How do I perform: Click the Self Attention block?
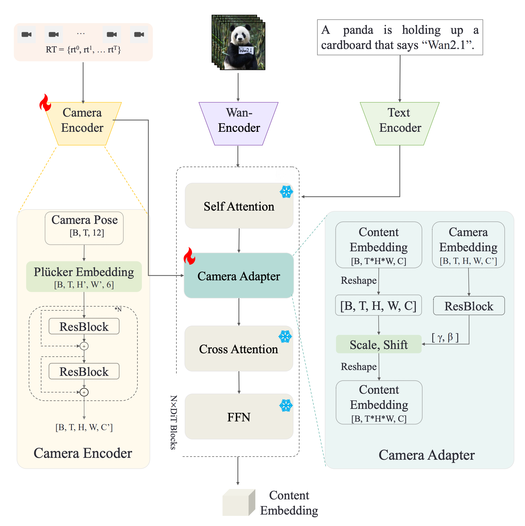tap(239, 206)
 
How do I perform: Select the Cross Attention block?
tap(239, 348)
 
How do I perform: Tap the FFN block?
tap(239, 416)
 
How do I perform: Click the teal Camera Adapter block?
tap(239, 276)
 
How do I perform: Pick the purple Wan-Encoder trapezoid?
tap(239, 124)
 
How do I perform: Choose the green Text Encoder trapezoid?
tap(399, 124)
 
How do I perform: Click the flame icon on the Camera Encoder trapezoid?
tap(45, 103)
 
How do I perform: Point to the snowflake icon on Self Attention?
tap(286, 192)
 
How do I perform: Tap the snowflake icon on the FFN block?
tap(286, 405)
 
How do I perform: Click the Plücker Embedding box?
tap(84, 277)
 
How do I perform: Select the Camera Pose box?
tap(84, 228)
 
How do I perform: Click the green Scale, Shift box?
tap(379, 344)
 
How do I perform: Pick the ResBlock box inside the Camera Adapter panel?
tap(469, 306)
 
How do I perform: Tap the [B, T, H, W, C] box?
tap(378, 305)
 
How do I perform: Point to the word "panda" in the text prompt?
tap(358, 30)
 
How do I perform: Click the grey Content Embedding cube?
tap(239, 502)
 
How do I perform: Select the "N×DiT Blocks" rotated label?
tap(174, 422)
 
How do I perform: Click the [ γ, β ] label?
tap(445, 337)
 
